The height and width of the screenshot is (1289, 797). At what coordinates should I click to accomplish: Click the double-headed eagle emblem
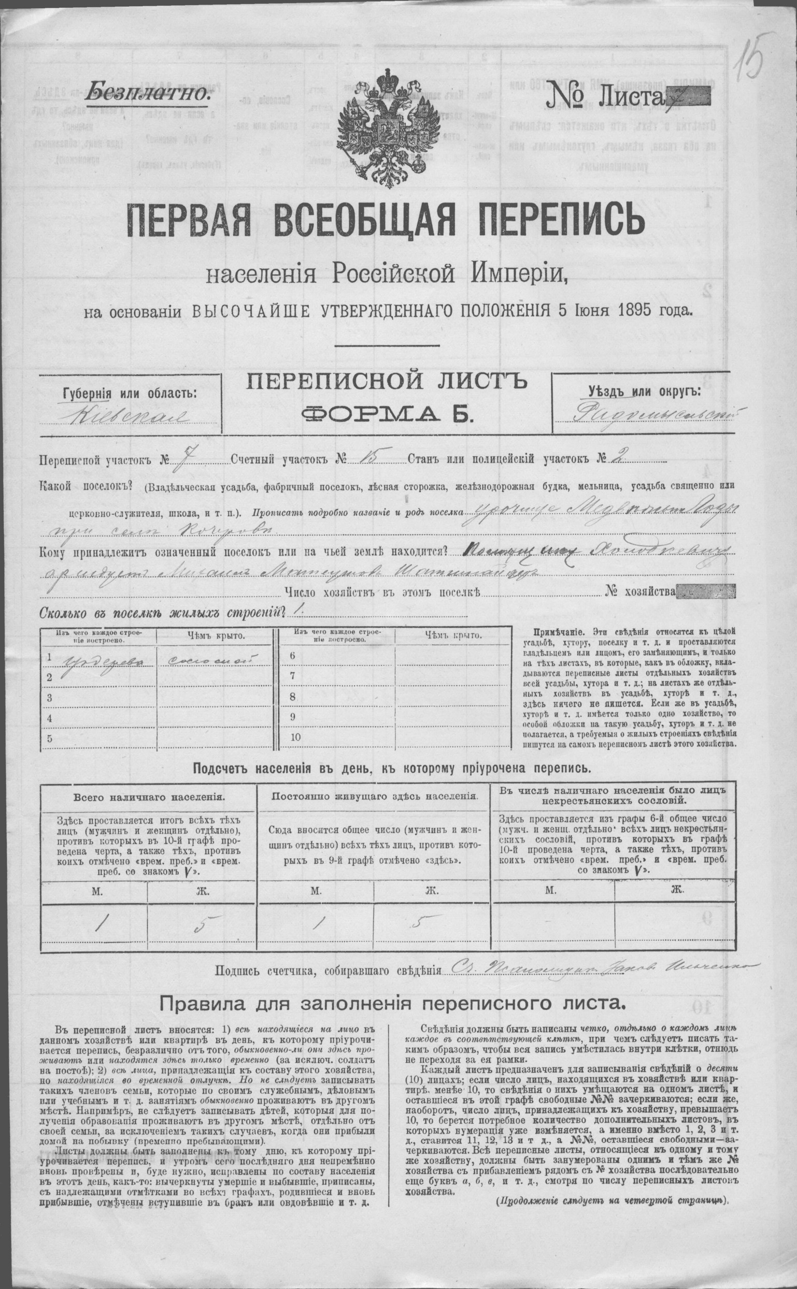point(391,134)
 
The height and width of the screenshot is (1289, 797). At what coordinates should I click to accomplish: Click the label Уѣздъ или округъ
point(640,392)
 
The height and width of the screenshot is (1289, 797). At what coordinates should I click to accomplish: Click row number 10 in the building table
point(295,737)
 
